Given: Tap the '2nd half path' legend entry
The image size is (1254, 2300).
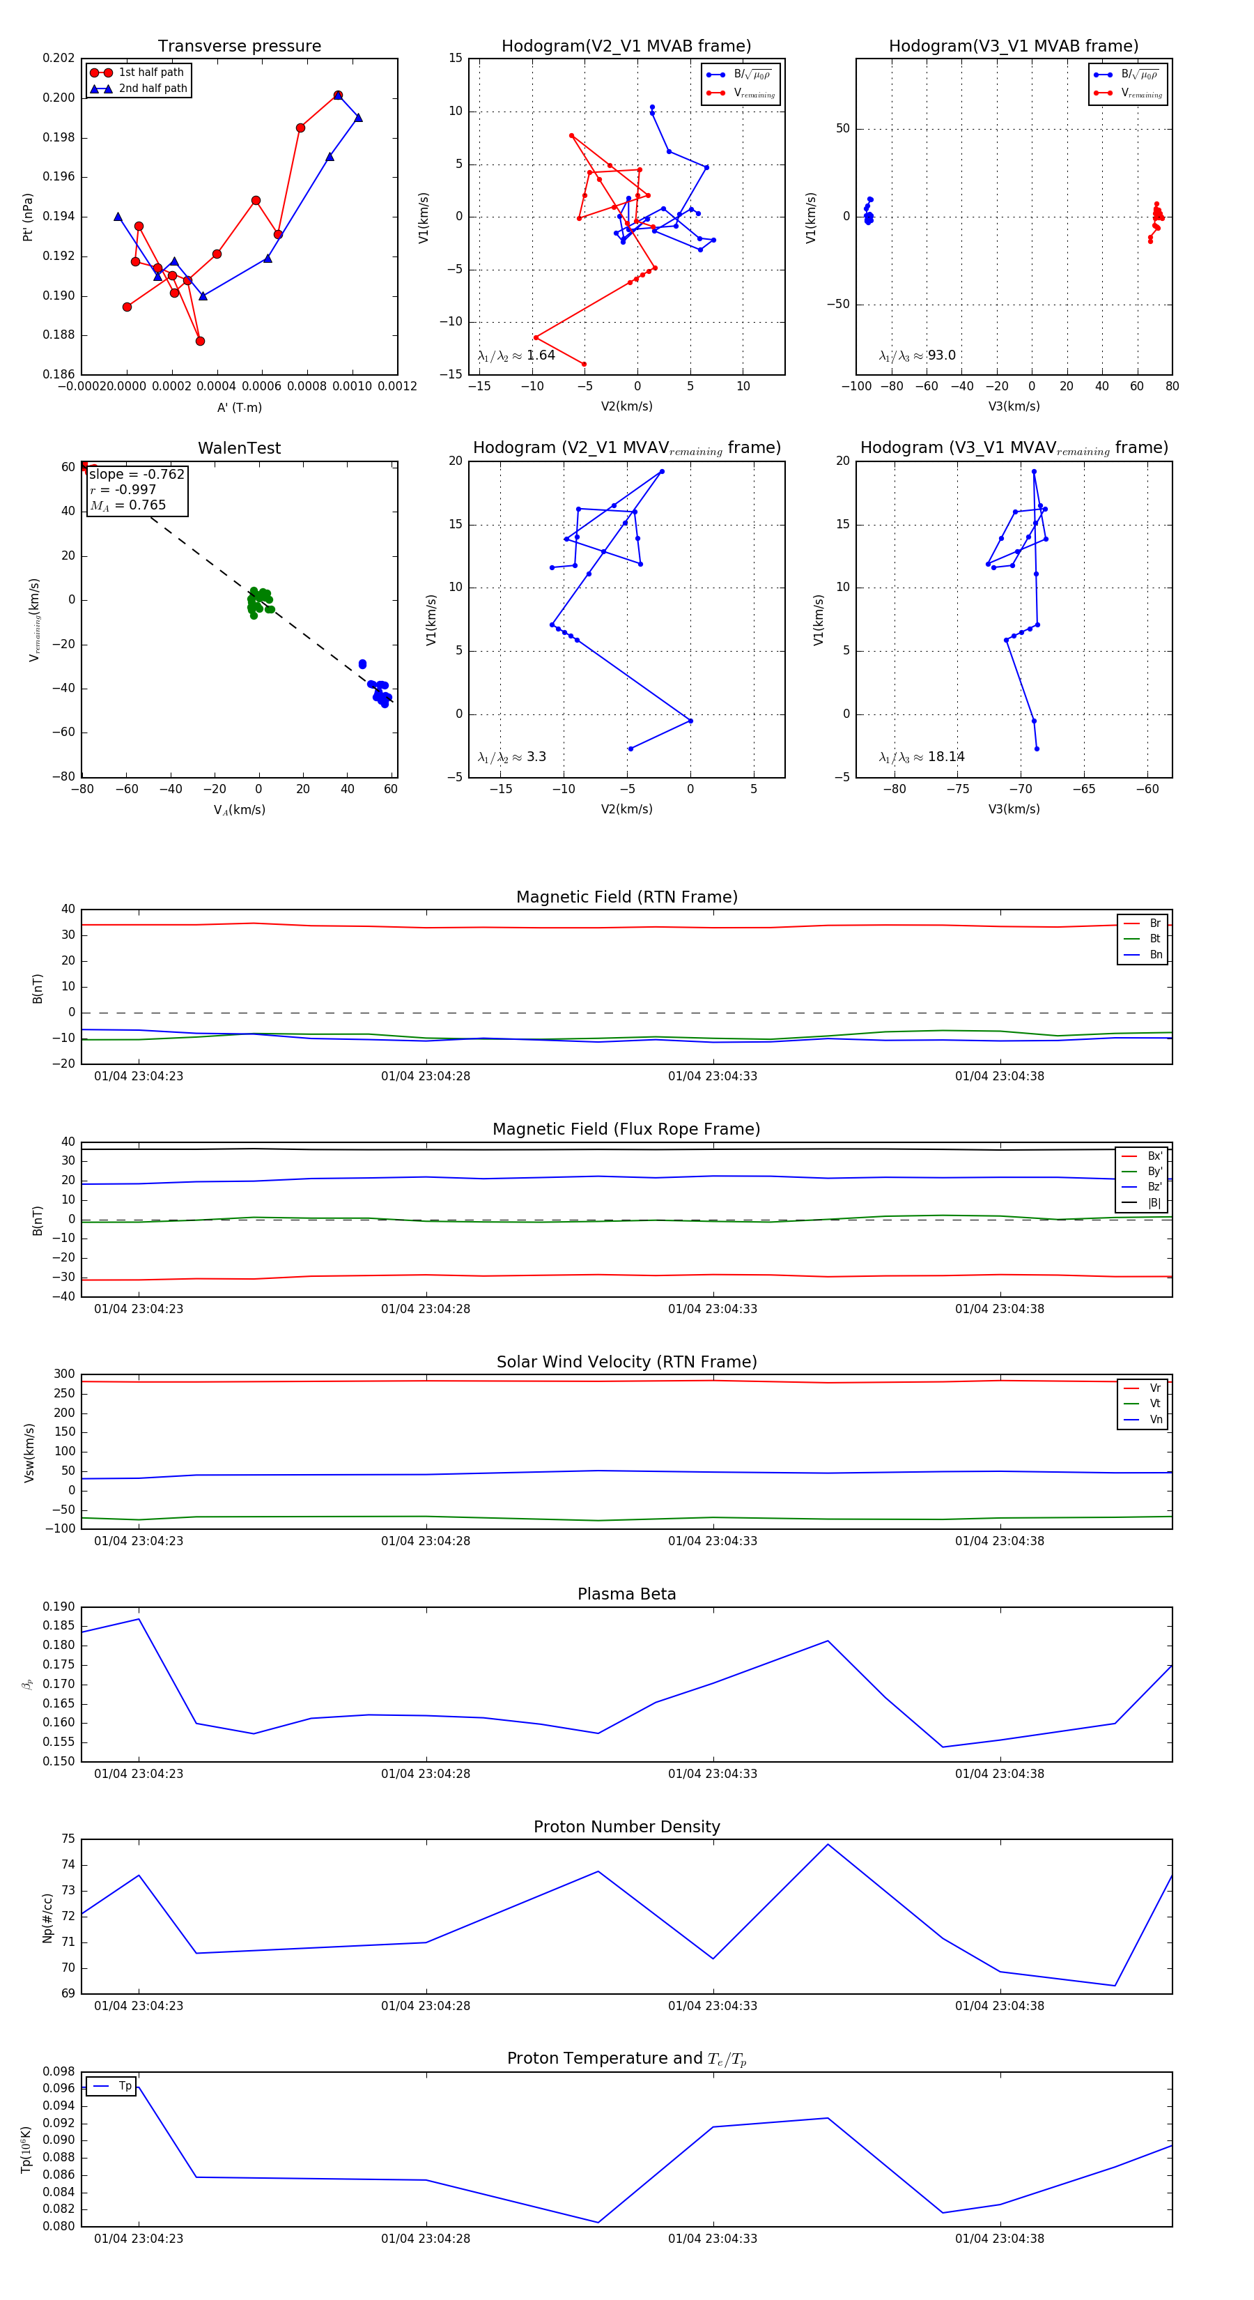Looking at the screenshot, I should coord(153,89).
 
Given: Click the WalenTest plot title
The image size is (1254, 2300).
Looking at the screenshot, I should coord(239,448).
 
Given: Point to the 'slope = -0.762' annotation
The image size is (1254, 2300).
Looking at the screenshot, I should coord(137,474).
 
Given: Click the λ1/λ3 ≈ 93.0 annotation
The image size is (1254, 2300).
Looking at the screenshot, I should coord(917,355).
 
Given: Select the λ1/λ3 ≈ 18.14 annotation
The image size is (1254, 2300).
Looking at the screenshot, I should coord(921,757).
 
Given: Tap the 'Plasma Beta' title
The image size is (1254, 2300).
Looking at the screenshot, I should coord(626,1594).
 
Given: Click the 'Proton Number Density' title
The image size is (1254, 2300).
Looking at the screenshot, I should coord(626,1827).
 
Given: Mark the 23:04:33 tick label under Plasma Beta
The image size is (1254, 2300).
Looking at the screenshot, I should coord(712,1774).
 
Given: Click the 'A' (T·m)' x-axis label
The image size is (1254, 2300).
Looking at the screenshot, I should coord(239,407).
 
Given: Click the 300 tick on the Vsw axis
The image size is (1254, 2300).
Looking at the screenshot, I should coord(64,1374).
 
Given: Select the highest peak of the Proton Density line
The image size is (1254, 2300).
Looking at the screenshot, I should coord(828,1845).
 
